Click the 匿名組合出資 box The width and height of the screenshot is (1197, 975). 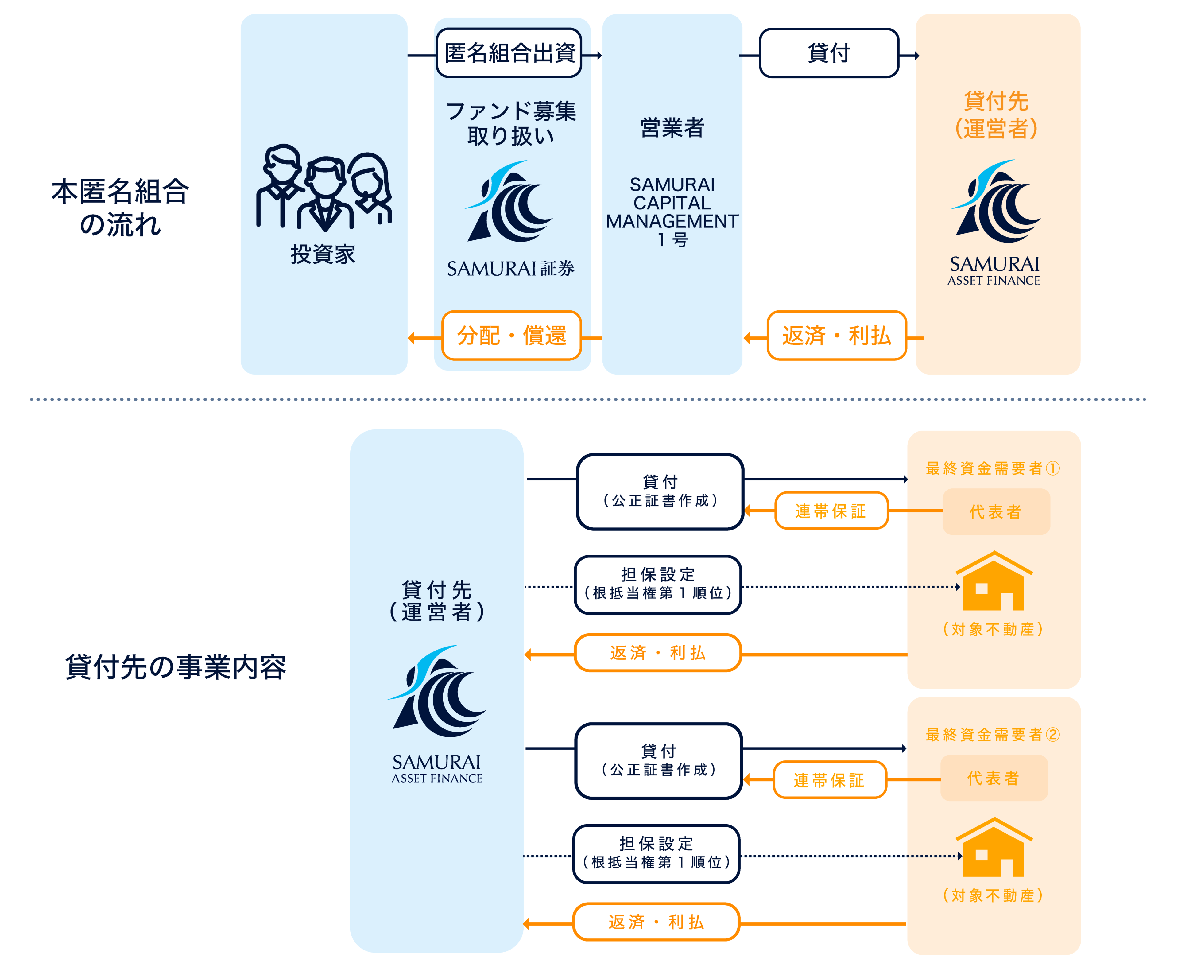[509, 53]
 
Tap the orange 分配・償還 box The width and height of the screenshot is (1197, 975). [511, 335]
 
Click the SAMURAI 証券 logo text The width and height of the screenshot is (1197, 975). [510, 268]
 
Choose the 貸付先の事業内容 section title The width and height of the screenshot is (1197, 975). [176, 667]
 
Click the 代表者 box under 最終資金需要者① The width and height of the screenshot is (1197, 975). [995, 512]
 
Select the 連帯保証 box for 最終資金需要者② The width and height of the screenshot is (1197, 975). [829, 779]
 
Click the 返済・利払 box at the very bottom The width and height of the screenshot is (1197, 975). [656, 922]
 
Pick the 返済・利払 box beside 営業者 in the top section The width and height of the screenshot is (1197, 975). [836, 335]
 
